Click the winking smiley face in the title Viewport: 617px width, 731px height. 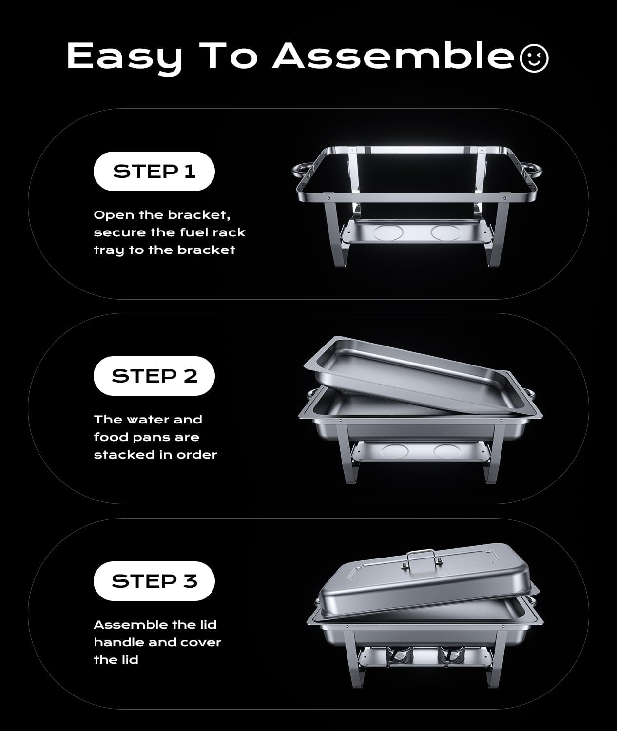[534, 58]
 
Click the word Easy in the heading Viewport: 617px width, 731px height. [124, 56]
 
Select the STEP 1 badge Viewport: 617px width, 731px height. [154, 171]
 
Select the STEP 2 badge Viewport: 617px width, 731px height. [154, 376]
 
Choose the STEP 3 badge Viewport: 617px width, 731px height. [154, 581]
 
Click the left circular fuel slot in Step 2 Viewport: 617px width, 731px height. [396, 451]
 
